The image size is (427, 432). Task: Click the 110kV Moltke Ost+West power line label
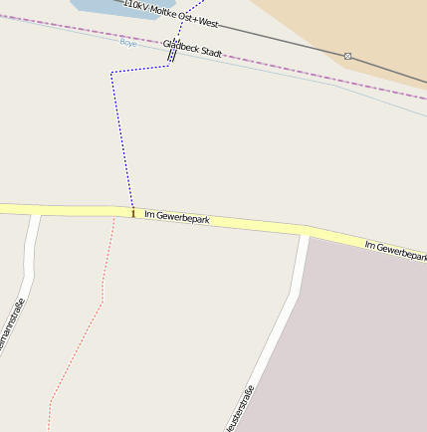pos(170,11)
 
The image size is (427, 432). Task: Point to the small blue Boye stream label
pos(127,42)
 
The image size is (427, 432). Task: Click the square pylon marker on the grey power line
pos(347,56)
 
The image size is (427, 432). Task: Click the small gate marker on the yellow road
pos(132,212)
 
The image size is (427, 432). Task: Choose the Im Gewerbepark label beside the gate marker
pos(177,216)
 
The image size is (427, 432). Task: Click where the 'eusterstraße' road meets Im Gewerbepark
pos(304,235)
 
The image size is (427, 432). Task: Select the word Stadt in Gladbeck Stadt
pos(209,52)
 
